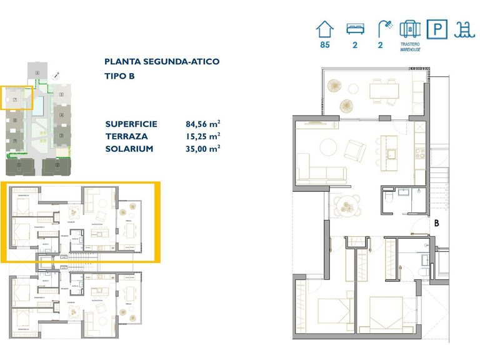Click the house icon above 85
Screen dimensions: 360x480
pos(324,29)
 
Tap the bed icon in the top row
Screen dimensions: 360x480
pos(354,29)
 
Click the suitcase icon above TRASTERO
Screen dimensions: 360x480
pos(409,29)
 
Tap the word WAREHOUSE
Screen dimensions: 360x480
pos(409,49)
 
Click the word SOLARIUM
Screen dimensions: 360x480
pos(129,149)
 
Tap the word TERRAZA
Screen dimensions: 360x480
pos(127,136)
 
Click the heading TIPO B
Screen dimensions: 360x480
pos(119,76)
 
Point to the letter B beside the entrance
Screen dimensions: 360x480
pos(437,222)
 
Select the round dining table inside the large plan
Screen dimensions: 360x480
pos(346,204)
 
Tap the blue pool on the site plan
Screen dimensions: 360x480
pos(38,105)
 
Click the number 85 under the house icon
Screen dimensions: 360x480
pos(324,46)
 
